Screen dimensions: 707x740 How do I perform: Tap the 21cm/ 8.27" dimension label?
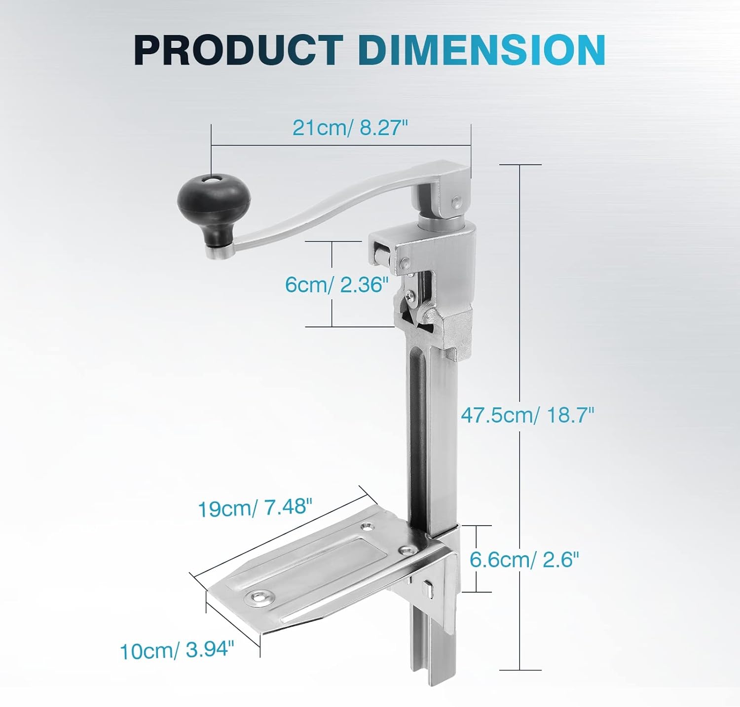coord(350,128)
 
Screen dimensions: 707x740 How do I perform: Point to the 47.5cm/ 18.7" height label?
coord(527,415)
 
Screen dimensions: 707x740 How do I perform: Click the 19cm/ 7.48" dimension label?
coord(255,508)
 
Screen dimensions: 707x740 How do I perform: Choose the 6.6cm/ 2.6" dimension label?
coord(524,560)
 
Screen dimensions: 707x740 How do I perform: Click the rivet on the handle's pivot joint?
coord(457,201)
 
